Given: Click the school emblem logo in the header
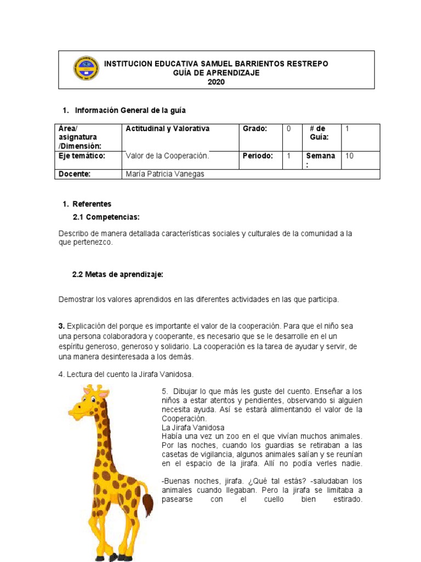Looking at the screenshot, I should point(86,68).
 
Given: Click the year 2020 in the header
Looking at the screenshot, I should point(216,82).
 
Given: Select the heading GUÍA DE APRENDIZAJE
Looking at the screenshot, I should point(216,73).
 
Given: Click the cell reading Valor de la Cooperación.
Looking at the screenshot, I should point(168,156).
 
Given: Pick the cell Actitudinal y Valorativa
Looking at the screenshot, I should point(168,129).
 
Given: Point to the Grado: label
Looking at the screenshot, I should point(255,129).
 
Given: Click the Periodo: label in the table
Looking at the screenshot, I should point(258,156).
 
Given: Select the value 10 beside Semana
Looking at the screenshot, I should point(349,156).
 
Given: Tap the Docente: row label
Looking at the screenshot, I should point(75,174).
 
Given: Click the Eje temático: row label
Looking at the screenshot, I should point(82,156).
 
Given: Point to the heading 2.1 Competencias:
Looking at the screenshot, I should point(106,217).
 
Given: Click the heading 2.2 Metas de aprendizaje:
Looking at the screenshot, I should point(118,274).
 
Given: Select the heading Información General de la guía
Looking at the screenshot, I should point(134,110).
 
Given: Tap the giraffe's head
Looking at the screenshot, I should point(88,403).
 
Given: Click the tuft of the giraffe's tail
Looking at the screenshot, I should point(147,503).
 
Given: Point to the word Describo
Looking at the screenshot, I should point(74,233).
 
